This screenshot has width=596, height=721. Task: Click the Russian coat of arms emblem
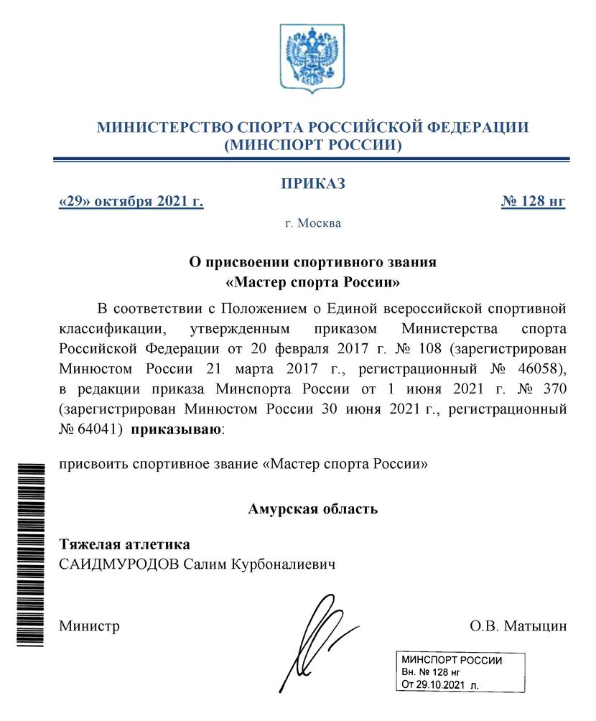tap(312, 58)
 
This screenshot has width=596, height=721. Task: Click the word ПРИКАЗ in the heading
tap(312, 184)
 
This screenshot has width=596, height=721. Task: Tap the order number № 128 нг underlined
tap(533, 202)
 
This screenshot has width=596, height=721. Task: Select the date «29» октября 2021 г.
tap(131, 202)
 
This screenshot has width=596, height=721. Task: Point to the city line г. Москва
tap(312, 223)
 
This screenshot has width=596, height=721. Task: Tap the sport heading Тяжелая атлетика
tap(124, 545)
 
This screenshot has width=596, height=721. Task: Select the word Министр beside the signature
tap(89, 626)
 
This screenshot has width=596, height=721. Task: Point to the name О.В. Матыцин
tap(518, 626)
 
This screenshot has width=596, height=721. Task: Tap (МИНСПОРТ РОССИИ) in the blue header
tap(312, 146)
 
